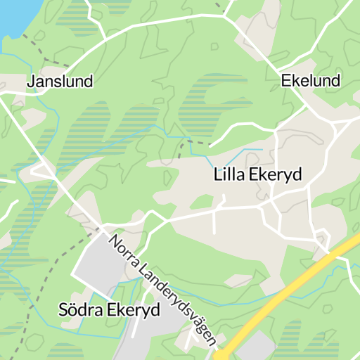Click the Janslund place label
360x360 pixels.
(60, 82)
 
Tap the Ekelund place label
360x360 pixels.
(310, 80)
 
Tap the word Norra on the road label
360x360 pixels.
(122, 251)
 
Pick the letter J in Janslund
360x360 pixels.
(30, 82)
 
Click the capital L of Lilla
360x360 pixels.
(217, 174)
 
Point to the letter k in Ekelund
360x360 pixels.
(294, 80)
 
